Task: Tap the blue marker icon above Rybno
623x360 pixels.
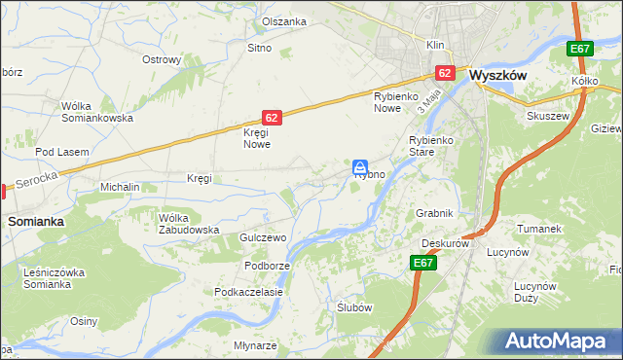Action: (x=360, y=166)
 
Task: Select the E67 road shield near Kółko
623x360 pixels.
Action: (x=580, y=50)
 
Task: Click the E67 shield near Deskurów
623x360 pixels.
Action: (x=422, y=263)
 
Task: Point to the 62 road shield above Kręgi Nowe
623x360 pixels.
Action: (x=272, y=118)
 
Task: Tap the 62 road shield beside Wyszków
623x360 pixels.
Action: (x=445, y=73)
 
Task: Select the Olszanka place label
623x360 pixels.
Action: (x=284, y=21)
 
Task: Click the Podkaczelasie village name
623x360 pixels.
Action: (x=249, y=292)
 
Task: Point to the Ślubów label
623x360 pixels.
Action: (x=355, y=306)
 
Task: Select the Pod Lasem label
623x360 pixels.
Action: (x=62, y=152)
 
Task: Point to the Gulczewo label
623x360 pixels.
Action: (x=261, y=238)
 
